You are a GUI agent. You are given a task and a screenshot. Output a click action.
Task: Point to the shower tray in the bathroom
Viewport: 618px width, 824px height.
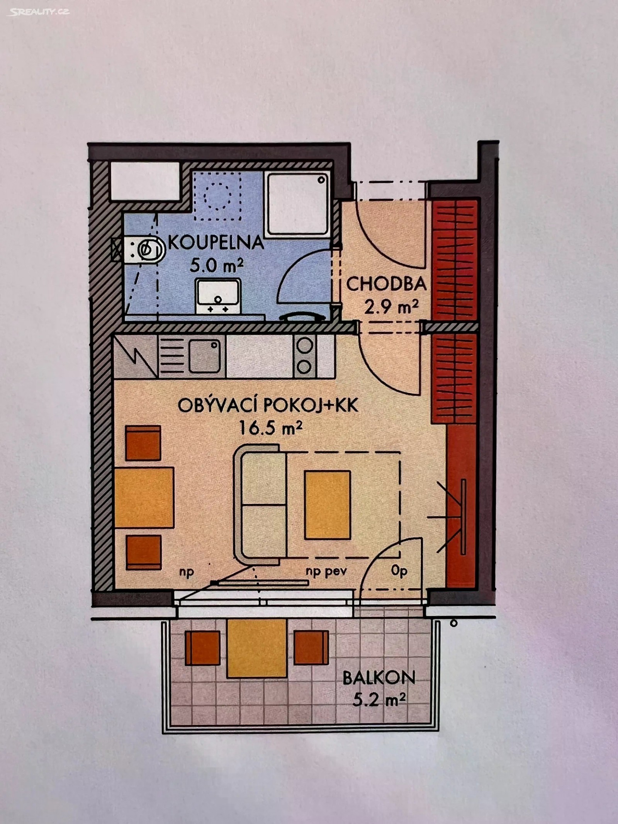298,203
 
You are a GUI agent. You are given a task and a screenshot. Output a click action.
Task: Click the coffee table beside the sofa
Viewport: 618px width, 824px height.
328,505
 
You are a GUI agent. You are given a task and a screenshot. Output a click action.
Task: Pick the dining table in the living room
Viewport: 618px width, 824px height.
144,497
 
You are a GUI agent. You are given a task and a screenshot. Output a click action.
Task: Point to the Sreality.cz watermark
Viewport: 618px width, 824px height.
38,12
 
